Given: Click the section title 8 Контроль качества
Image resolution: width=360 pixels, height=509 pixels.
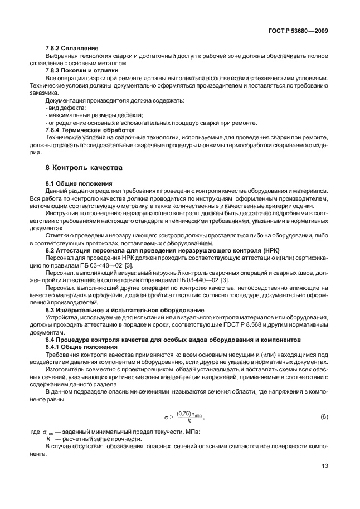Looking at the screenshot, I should tap(83, 167).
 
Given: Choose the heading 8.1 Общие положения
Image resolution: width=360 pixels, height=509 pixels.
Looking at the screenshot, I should tap(79, 183).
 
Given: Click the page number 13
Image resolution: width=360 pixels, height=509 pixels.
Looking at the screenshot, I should tap(324, 467).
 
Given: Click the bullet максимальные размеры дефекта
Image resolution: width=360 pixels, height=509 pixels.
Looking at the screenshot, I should tap(89, 115).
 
